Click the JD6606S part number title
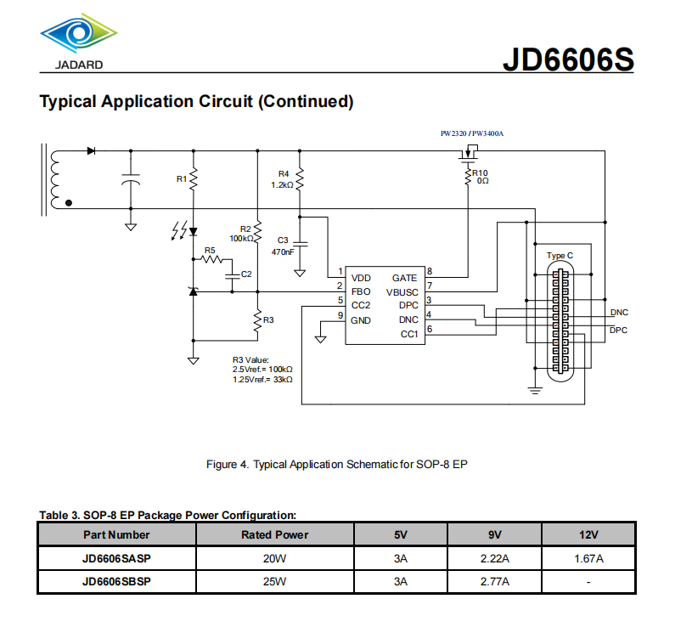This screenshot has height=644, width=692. point(568,59)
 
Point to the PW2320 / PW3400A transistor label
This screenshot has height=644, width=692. point(466,133)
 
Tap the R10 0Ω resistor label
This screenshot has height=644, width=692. point(481,177)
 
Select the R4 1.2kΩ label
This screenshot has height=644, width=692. point(283,179)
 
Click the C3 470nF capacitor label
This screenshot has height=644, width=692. point(283,246)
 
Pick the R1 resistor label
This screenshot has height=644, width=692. point(181,178)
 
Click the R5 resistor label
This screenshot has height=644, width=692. point(211,251)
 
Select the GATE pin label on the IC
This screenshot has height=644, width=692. point(404,278)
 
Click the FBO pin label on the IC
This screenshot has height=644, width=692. point(360,291)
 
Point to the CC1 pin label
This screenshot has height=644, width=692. point(408,334)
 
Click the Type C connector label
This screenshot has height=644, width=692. point(560,256)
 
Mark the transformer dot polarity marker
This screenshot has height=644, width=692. point(69,204)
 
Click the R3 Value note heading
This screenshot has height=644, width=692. point(250,359)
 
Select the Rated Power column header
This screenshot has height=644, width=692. point(275,534)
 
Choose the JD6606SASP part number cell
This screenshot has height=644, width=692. point(116,558)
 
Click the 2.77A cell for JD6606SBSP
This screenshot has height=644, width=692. point(494,581)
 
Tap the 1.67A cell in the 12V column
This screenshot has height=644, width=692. point(588,558)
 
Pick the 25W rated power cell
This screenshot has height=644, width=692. point(275,581)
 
